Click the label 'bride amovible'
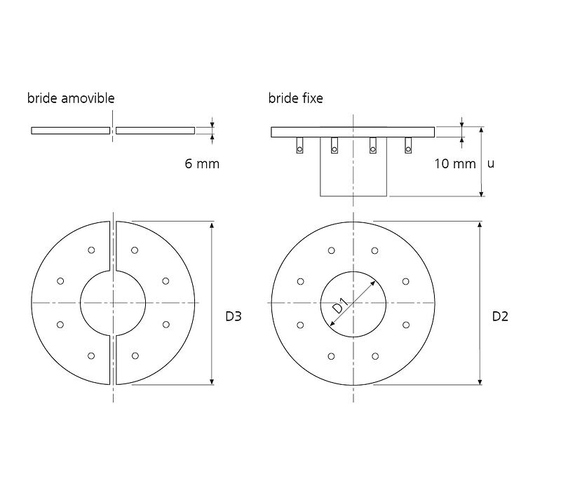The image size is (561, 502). (x=71, y=98)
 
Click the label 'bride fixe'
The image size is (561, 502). (x=295, y=98)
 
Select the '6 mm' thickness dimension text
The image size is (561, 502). (x=202, y=163)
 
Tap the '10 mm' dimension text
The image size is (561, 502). (x=454, y=163)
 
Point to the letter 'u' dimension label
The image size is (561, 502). (x=491, y=164)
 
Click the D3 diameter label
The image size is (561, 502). (x=234, y=316)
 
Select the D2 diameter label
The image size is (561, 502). (x=500, y=316)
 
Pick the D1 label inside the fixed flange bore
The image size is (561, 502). (x=340, y=306)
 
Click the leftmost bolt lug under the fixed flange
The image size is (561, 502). (x=300, y=145)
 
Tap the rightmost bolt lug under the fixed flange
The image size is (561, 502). (x=408, y=145)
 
